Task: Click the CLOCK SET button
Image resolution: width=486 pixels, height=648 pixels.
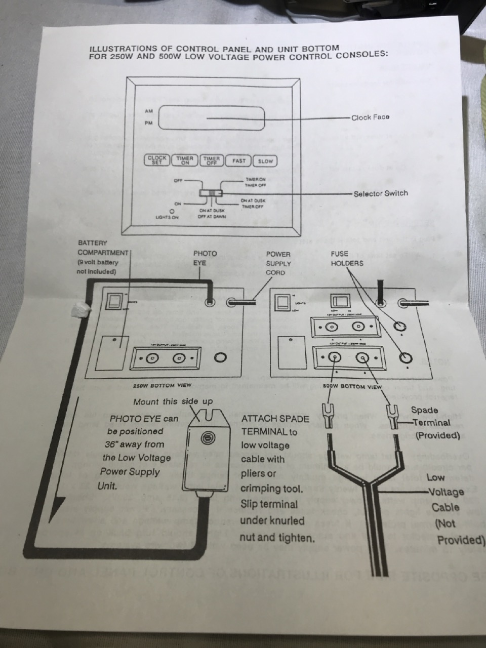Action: [x=157, y=160]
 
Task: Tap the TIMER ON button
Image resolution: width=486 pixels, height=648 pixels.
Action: [x=185, y=160]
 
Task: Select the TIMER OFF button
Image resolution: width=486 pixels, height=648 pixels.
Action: [x=212, y=160]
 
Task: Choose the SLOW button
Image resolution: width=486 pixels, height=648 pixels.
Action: [x=265, y=161]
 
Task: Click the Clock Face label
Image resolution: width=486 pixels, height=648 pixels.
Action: [x=371, y=117]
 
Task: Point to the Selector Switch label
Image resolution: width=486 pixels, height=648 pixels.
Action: [x=381, y=193]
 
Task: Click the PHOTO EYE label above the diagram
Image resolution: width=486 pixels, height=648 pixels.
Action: [x=205, y=258]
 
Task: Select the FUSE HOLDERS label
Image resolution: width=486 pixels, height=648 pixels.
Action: [x=347, y=259]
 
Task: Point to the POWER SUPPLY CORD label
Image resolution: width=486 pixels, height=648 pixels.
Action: [x=278, y=263]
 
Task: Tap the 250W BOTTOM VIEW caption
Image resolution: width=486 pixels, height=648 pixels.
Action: [x=162, y=385]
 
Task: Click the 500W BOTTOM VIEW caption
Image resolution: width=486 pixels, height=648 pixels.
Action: [x=353, y=387]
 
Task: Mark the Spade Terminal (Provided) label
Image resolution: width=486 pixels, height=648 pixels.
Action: [x=430, y=423]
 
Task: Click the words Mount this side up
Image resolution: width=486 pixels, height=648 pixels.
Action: [x=173, y=401]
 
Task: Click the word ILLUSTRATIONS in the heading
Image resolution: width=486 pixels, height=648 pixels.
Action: [x=125, y=49]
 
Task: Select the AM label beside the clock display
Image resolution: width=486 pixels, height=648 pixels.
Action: [x=148, y=111]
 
